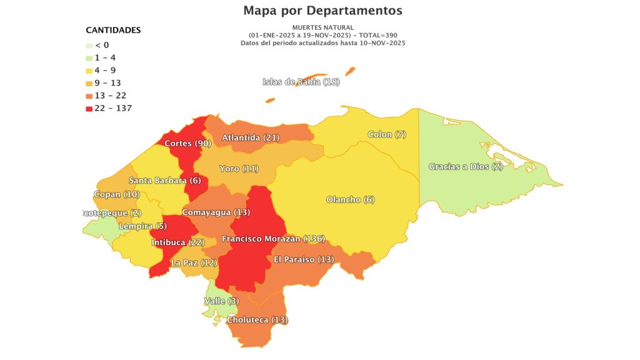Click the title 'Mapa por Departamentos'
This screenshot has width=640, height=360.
(x=322, y=11)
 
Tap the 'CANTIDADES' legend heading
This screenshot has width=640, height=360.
(x=113, y=30)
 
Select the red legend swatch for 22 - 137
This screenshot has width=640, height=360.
(x=89, y=109)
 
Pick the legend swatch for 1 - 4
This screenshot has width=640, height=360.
(x=89, y=57)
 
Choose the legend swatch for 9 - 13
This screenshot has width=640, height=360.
(x=89, y=83)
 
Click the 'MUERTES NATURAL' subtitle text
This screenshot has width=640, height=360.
(x=322, y=27)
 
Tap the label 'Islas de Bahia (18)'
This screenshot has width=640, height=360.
(x=301, y=82)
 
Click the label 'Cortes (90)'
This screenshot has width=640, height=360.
(x=187, y=144)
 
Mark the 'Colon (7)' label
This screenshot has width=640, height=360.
(x=387, y=134)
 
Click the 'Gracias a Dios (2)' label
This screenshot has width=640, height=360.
(x=466, y=166)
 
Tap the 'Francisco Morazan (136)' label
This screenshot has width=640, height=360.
(x=274, y=239)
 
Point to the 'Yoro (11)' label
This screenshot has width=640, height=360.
(x=239, y=169)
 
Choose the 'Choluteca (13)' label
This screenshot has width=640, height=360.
(x=257, y=320)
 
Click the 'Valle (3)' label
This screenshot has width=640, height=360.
(x=221, y=301)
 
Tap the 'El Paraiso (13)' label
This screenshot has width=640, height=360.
(x=304, y=259)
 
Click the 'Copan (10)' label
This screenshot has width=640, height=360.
(x=116, y=194)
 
